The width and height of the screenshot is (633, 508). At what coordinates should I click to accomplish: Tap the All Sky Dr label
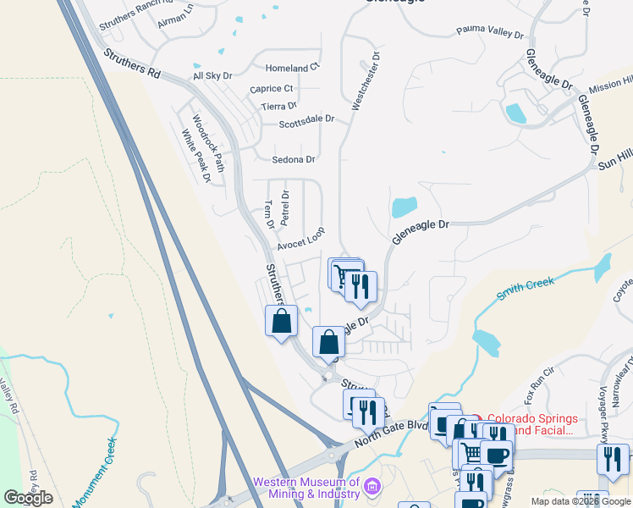coord(212,76)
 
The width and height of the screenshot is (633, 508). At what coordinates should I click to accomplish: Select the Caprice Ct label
coord(272,88)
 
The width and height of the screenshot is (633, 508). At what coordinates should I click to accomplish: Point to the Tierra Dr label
coord(279,107)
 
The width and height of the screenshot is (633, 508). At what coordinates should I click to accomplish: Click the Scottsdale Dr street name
coord(307,124)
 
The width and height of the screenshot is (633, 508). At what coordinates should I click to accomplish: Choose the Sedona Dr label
coord(294,159)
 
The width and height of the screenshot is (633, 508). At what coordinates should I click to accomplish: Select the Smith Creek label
coord(525,285)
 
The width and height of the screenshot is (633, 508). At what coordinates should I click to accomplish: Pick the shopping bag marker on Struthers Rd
coord(282,322)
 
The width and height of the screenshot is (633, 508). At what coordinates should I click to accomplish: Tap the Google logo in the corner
coord(28,498)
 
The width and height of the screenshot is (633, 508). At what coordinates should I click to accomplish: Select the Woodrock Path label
coord(208,140)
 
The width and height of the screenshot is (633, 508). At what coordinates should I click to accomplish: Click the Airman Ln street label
coord(177,15)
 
